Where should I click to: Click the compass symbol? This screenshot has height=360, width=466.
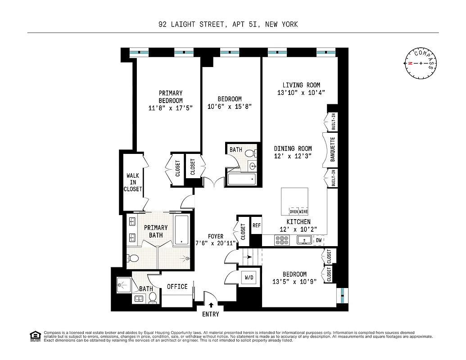tap(421, 63)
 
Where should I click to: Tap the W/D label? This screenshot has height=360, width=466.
tap(249, 278)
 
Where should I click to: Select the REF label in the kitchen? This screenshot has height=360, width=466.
tap(256, 225)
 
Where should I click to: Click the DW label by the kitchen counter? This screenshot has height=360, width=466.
tap(319, 241)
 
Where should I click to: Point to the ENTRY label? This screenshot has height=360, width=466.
tap(210, 314)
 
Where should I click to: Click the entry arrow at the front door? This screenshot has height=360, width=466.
tap(211, 305)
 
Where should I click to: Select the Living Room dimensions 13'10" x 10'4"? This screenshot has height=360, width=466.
tap(301, 93)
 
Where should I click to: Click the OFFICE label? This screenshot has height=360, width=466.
tap(177, 287)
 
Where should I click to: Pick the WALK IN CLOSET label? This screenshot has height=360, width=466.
tap(133, 182)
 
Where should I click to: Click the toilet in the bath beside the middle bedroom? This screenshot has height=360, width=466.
tap(250, 154)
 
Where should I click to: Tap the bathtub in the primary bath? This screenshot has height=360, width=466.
tap(182, 229)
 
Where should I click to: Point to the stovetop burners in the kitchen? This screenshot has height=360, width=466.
tap(282, 241)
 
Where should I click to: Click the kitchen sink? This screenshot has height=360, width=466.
tap(304, 240)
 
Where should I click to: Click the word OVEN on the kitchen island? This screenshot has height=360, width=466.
tap(294, 211)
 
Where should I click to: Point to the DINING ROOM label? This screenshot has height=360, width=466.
tap(293, 148)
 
